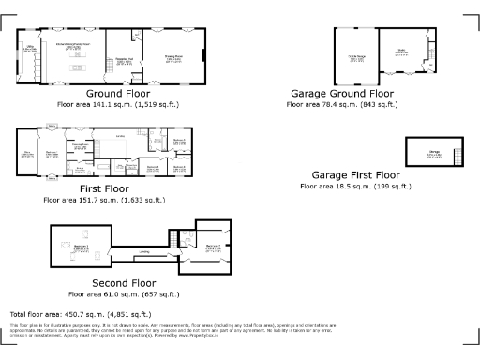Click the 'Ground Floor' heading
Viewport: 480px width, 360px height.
coord(116,95)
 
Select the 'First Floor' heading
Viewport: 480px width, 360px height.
coord(103,188)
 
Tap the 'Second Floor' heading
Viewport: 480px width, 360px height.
coord(124,282)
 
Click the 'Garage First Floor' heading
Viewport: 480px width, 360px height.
coord(355,175)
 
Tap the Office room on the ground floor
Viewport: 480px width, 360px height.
coord(30,48)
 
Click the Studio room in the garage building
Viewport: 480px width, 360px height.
coord(401,54)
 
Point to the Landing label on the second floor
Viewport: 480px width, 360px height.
coord(143,252)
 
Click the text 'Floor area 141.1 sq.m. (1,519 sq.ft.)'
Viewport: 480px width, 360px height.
coord(116,106)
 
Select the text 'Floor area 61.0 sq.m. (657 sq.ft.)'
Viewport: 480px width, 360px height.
coord(124,293)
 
